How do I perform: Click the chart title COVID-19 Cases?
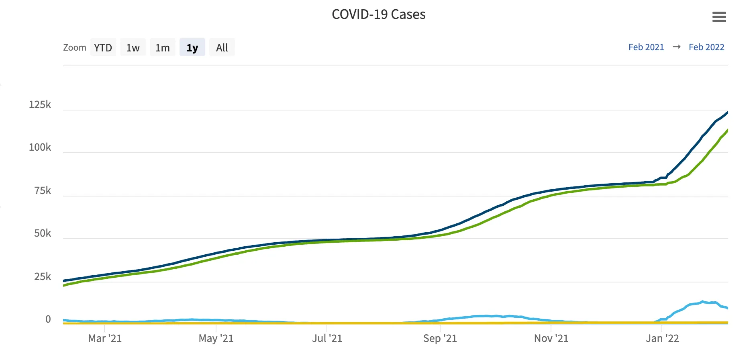(378, 14)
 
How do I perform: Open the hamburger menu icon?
(719, 17)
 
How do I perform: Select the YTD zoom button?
(103, 47)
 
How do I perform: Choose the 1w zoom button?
(133, 47)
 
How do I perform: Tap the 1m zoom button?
(163, 47)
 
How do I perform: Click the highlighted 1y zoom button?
(192, 47)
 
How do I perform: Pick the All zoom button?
(222, 47)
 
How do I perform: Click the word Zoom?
(75, 47)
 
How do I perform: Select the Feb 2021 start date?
(646, 47)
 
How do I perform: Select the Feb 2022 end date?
(706, 47)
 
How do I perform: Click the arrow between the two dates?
(677, 47)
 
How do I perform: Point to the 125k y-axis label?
(40, 105)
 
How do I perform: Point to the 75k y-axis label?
(43, 190)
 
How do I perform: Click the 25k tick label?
(43, 276)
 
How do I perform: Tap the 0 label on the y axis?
(48, 319)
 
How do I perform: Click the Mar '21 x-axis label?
(105, 338)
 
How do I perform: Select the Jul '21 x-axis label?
(327, 338)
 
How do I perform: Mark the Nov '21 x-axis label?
(551, 338)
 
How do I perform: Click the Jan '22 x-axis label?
(662, 338)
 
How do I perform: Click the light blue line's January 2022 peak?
(702, 302)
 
